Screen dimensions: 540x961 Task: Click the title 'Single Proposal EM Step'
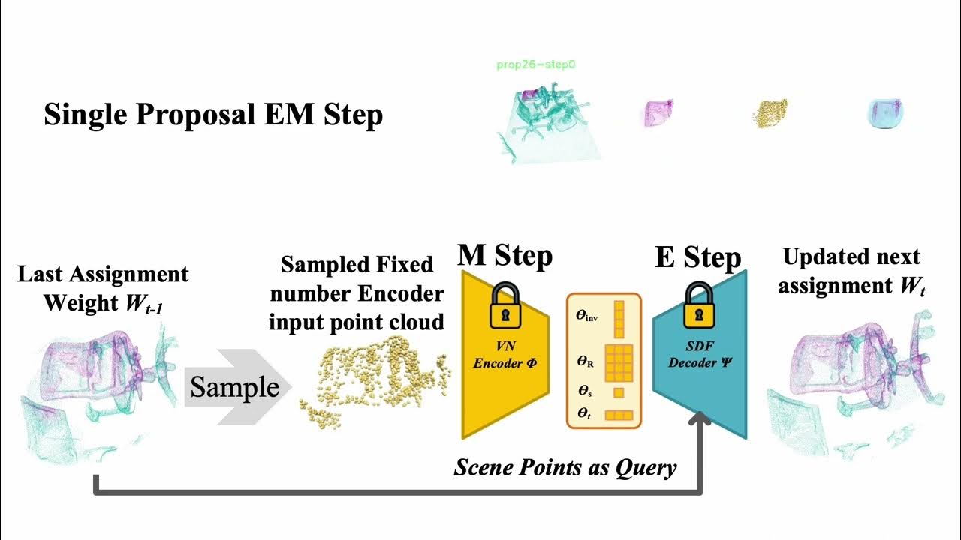click(x=213, y=115)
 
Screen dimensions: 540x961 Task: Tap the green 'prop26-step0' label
click(x=536, y=65)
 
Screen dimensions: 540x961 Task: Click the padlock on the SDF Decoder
click(x=698, y=307)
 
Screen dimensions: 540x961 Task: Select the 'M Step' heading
click(x=505, y=256)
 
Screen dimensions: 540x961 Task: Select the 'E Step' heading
click(x=697, y=257)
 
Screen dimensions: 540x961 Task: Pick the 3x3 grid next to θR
click(x=619, y=364)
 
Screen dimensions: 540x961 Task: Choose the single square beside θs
click(x=619, y=392)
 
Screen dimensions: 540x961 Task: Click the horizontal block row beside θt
click(x=619, y=415)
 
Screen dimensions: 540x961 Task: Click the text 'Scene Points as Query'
click(x=565, y=467)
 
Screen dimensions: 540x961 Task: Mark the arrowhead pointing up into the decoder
click(x=701, y=421)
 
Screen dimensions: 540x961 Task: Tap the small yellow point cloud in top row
click(x=770, y=112)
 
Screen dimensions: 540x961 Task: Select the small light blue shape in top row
click(x=885, y=112)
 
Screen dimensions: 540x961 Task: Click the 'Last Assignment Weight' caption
click(x=103, y=288)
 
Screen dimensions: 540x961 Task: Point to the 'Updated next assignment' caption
click(x=851, y=271)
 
